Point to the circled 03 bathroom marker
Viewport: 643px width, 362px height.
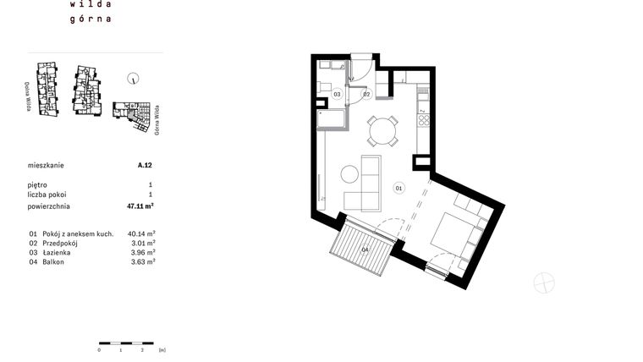click(336, 94)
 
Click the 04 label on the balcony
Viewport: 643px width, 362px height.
click(365, 250)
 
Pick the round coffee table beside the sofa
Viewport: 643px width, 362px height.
click(350, 175)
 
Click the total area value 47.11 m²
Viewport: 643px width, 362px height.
click(140, 206)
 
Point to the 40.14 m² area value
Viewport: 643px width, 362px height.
click(140, 233)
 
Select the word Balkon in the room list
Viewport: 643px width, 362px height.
click(52, 262)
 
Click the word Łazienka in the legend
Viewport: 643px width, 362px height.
click(56, 252)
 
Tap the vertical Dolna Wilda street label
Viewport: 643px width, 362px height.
click(28, 96)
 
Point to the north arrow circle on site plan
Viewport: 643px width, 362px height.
click(133, 80)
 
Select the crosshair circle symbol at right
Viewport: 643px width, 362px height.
click(544, 283)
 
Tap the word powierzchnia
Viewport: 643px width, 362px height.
click(49, 206)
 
